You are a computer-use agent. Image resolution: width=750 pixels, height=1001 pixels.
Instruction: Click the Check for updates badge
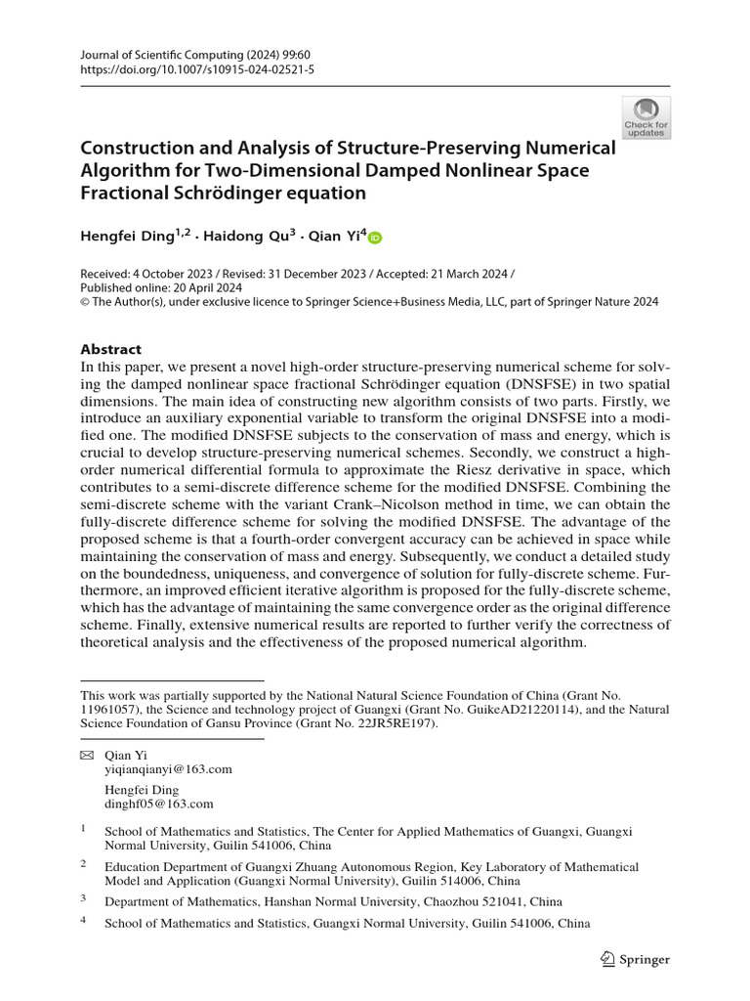[646, 117]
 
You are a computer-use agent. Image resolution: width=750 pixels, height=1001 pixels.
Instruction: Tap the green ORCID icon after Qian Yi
[376, 237]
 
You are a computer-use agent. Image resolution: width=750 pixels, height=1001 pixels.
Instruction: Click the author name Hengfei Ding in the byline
[128, 236]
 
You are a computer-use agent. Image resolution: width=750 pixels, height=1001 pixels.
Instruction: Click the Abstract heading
[110, 349]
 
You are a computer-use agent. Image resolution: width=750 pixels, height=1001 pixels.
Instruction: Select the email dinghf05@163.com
[158, 804]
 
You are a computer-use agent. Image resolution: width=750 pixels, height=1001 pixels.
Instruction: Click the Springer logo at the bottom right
[636, 959]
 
